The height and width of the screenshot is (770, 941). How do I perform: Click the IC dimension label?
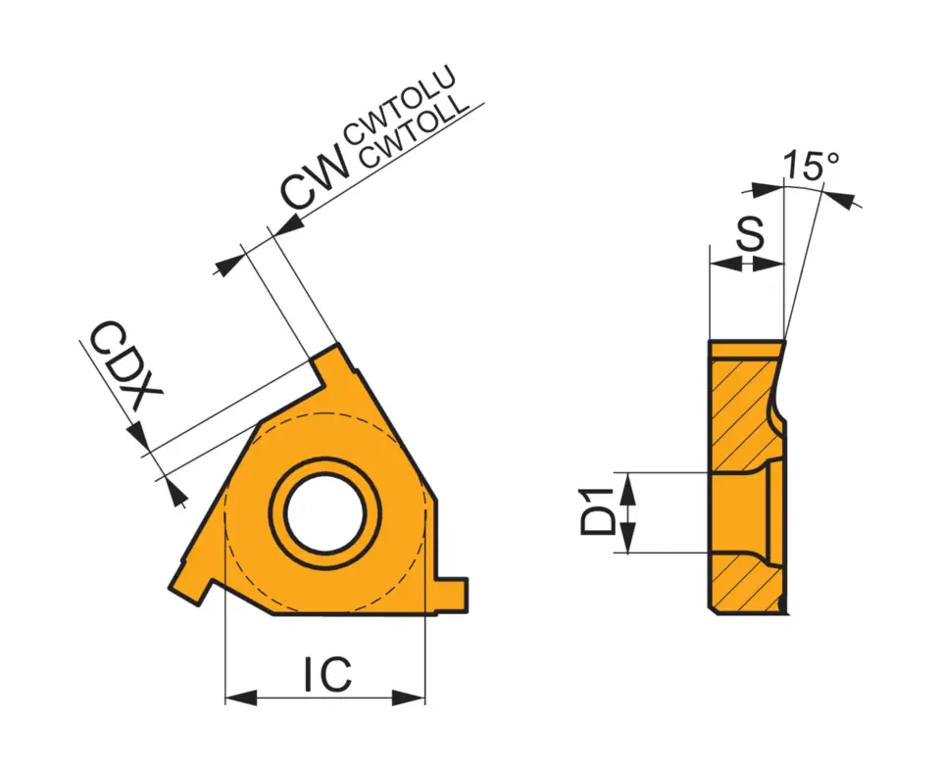click(326, 675)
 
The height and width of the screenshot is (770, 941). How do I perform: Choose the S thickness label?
click(750, 236)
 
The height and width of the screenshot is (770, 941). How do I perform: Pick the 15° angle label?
click(810, 166)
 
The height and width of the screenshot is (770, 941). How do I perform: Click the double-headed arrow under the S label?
click(747, 264)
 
